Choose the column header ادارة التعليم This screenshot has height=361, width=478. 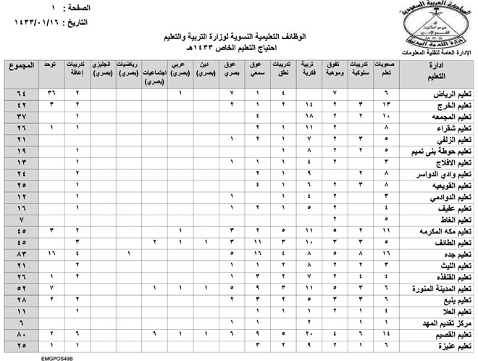click(437, 70)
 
